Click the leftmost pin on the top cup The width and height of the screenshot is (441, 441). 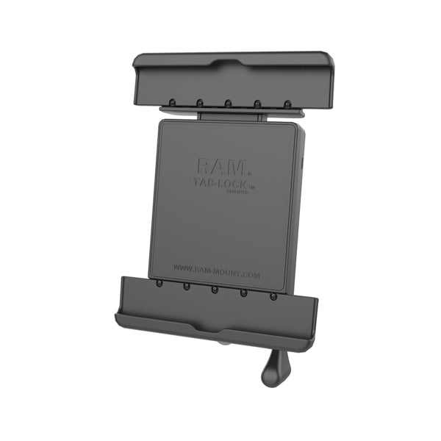[171, 101]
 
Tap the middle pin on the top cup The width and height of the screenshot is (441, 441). [229, 102]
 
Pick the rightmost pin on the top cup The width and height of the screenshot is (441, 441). [287, 103]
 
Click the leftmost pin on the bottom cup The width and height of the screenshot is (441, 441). [159, 284]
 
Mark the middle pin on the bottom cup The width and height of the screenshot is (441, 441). [215, 290]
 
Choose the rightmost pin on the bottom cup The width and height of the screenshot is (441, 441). [273, 296]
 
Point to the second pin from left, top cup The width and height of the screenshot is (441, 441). [200, 102]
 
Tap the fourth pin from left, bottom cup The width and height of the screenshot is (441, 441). [244, 293]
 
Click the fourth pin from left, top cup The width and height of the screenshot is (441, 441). [259, 103]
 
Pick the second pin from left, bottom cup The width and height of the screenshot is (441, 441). [187, 287]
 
